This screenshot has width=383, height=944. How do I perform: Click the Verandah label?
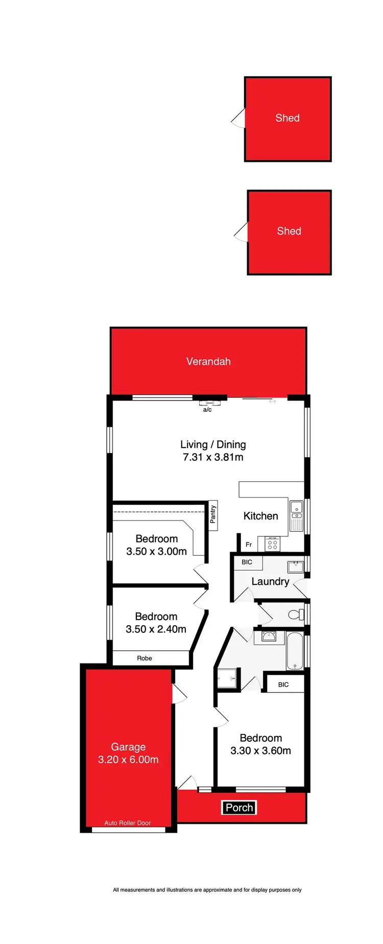click(x=208, y=362)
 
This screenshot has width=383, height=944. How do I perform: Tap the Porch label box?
click(x=239, y=808)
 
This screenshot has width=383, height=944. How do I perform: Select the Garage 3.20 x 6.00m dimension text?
click(x=128, y=760)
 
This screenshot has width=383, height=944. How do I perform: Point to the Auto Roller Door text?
click(x=128, y=823)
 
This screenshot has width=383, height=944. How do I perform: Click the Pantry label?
click(x=213, y=514)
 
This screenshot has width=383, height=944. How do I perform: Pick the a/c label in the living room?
click(x=207, y=410)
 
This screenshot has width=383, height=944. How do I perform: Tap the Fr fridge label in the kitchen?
click(x=249, y=545)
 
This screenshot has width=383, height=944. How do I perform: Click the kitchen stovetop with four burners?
click(x=273, y=545)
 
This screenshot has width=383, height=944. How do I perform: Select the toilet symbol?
click(x=296, y=615)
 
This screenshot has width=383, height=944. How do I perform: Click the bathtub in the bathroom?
click(x=295, y=651)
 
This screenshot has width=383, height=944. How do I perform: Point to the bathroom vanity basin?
click(x=269, y=636)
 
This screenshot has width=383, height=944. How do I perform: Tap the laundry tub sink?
click(x=295, y=566)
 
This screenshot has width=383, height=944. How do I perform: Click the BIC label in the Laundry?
click(x=247, y=562)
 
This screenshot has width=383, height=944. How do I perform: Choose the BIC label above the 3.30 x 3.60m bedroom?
click(x=283, y=685)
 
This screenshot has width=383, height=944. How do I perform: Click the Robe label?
click(x=145, y=658)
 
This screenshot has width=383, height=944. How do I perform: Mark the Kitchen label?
click(x=260, y=516)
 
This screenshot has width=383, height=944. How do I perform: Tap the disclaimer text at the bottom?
click(x=207, y=890)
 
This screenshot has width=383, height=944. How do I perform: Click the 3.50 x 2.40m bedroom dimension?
click(x=156, y=629)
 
